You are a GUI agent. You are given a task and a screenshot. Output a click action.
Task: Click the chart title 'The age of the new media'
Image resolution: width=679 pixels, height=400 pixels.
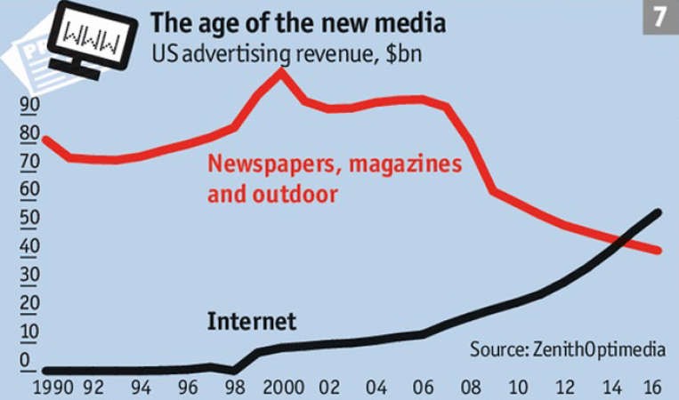point(298,22)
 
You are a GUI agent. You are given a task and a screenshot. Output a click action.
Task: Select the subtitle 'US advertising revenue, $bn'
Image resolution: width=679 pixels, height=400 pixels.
point(287,54)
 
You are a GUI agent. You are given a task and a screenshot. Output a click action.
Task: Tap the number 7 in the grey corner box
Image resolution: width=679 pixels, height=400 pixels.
point(659,17)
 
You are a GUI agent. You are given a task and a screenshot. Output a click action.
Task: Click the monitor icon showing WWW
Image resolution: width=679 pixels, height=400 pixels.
point(92,40)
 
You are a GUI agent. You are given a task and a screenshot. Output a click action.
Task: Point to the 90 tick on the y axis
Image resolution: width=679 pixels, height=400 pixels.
point(29,104)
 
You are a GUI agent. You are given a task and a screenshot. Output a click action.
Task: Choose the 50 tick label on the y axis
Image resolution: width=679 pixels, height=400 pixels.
point(29,218)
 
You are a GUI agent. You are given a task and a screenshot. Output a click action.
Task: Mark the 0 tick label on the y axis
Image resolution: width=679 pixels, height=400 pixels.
point(25,360)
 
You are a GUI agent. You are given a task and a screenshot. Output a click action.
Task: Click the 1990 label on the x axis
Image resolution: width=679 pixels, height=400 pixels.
point(53,387)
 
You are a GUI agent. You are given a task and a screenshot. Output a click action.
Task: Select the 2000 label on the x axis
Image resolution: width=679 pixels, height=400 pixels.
point(284,387)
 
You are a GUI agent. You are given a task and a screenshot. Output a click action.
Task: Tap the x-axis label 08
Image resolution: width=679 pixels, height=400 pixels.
point(471,387)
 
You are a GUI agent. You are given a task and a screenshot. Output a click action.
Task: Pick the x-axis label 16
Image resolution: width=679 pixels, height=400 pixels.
point(652,387)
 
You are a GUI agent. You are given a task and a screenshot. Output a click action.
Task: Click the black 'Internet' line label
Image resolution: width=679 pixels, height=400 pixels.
point(252,321)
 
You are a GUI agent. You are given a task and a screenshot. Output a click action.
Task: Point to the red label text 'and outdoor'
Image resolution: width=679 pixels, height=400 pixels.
point(272,194)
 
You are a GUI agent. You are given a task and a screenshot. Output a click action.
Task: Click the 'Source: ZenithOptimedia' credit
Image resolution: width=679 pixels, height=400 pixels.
point(568,349)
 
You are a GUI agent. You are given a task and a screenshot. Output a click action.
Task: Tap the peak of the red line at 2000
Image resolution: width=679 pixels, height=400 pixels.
point(281,71)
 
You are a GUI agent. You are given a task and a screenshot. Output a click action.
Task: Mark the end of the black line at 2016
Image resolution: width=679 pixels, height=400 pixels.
point(658,212)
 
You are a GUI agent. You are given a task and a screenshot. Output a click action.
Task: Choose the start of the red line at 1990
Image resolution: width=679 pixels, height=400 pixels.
point(45,140)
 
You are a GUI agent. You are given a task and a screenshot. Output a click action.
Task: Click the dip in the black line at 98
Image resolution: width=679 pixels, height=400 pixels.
point(234,370)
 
